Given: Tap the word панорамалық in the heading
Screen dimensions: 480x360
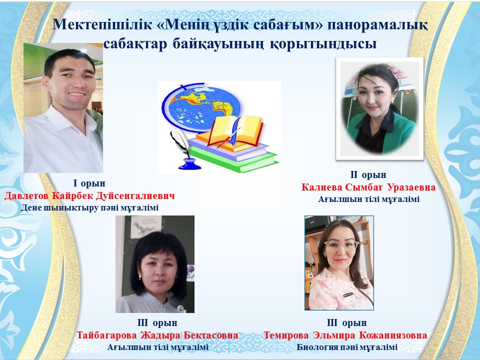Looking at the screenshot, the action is (377, 25).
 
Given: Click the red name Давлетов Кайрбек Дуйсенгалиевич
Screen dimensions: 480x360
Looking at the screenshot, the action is (89, 195).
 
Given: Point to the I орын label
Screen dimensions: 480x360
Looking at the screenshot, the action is (89, 183).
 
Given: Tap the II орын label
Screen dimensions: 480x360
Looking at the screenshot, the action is (368, 174).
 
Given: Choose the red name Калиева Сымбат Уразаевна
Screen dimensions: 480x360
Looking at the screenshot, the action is (368, 187).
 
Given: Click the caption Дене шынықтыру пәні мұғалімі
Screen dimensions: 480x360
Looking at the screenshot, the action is (89, 208).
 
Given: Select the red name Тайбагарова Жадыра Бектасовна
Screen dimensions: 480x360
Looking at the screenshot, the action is (157, 335).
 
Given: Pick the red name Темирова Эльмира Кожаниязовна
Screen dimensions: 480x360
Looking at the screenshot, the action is (345, 335).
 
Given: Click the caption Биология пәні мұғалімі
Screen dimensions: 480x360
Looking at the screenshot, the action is (347, 347).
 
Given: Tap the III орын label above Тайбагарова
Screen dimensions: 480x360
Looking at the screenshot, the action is (157, 322).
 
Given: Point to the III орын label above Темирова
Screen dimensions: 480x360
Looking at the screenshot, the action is (347, 322).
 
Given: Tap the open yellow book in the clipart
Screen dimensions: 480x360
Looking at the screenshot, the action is (236, 131).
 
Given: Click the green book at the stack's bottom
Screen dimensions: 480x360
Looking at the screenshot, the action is (234, 160).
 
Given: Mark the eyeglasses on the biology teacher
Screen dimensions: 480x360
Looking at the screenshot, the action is (341, 245).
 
